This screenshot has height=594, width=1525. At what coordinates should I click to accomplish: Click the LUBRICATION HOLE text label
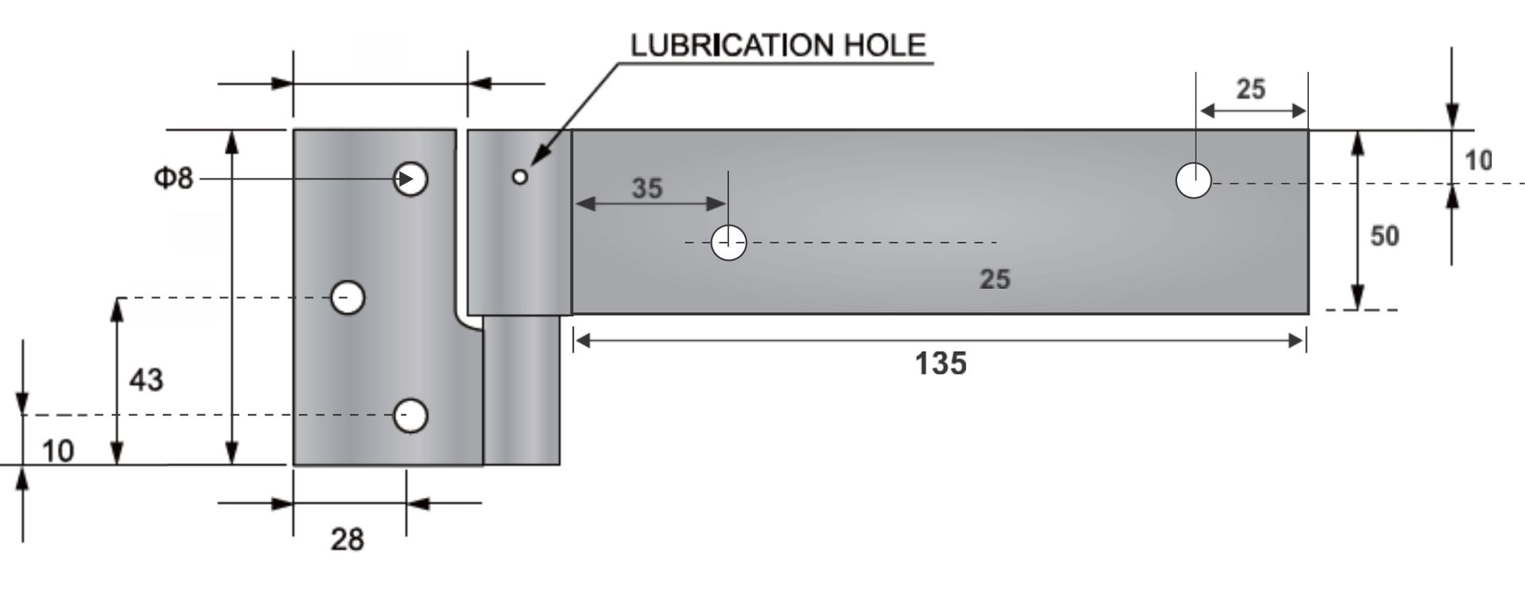pos(778,45)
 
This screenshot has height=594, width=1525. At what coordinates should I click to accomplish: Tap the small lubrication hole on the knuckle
pos(519,177)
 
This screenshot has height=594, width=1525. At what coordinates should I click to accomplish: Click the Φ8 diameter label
pos(173,178)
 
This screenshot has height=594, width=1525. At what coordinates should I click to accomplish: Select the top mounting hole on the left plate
pos(411,179)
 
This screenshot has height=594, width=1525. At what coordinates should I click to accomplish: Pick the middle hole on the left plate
pos(347,298)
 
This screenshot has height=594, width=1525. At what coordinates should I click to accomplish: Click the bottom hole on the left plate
pos(411,415)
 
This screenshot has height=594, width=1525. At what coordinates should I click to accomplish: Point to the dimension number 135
pos(940,364)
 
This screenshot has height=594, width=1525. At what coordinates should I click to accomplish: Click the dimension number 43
pos(146,380)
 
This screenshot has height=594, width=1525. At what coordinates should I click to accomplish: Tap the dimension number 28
pos(347,540)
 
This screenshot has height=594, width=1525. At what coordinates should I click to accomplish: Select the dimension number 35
pos(647,188)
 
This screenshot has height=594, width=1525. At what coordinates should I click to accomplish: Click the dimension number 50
pos(1384,236)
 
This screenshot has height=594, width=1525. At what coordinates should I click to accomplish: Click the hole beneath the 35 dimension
pos(728,242)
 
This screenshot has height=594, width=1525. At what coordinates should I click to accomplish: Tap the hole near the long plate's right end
pos(1193,181)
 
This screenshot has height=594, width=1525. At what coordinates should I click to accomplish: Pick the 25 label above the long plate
pos(1250,89)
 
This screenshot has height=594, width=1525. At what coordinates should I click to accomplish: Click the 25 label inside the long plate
pos(994,279)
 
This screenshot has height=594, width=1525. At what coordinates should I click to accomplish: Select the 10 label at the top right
pos(1477,161)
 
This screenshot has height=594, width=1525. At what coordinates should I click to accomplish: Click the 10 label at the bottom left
pos(57,451)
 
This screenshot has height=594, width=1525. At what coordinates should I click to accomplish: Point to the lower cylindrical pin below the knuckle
pos(521,389)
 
